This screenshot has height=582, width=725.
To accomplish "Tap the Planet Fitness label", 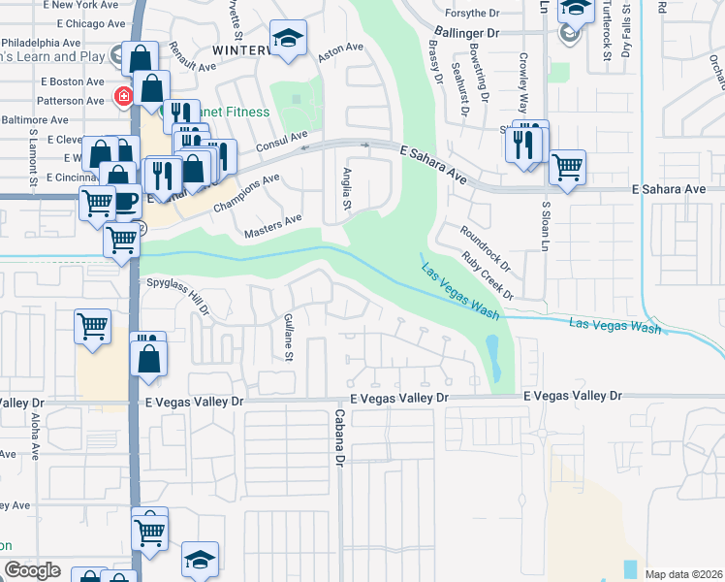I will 228,112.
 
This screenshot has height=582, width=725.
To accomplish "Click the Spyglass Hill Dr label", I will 177,294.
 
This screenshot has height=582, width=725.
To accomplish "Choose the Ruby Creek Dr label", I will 487,275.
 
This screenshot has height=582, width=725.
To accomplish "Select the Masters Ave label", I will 273,227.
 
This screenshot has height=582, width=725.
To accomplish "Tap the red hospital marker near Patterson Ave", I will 123,97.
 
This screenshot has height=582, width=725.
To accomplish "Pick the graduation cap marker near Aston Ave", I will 288,38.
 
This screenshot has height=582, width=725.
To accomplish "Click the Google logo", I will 32,570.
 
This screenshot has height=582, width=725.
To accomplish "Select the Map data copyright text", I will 682,574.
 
